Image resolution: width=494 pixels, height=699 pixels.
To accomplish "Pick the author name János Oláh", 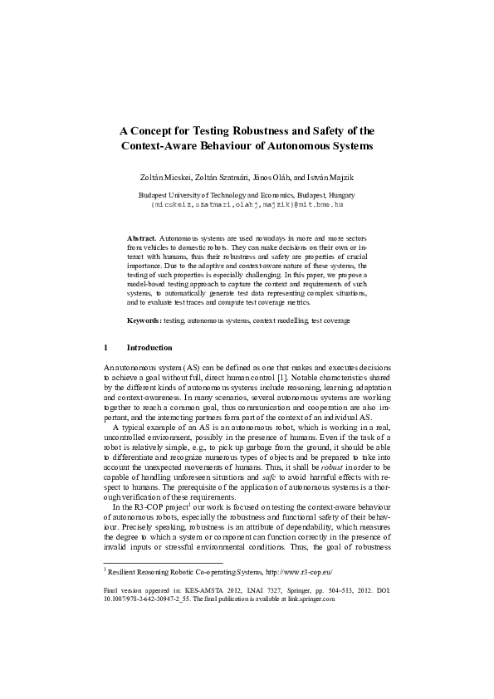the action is point(267,178).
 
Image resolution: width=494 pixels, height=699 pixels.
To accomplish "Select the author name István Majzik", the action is point(330,178).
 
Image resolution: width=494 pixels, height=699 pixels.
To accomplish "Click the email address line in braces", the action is point(247,203).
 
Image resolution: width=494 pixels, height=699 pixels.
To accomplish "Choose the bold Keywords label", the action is point(144,320).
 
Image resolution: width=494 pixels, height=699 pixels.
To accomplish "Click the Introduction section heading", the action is point(149,348).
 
